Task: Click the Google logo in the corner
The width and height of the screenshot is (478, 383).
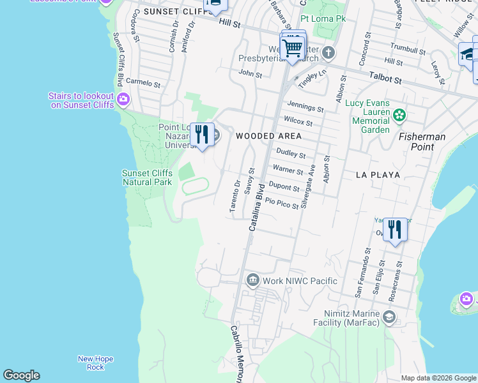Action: (21, 375)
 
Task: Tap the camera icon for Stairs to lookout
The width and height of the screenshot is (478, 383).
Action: (123, 100)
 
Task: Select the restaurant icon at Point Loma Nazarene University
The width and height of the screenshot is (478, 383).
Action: (203, 135)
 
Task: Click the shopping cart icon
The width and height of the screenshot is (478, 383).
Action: (293, 48)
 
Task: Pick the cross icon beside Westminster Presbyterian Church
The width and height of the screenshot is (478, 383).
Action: (328, 52)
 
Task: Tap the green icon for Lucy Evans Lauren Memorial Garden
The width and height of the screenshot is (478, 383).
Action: (399, 116)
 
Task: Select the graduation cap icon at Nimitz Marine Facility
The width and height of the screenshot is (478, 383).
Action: (389, 317)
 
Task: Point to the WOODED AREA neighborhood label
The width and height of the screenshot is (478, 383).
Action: (268, 136)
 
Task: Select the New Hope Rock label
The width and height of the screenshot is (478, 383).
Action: (95, 363)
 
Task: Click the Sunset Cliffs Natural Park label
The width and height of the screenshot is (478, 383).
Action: (148, 177)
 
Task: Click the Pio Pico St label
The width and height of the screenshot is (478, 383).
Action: (282, 203)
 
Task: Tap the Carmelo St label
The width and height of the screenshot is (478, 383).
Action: (143, 83)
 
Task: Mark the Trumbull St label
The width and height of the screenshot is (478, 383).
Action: (408, 49)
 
